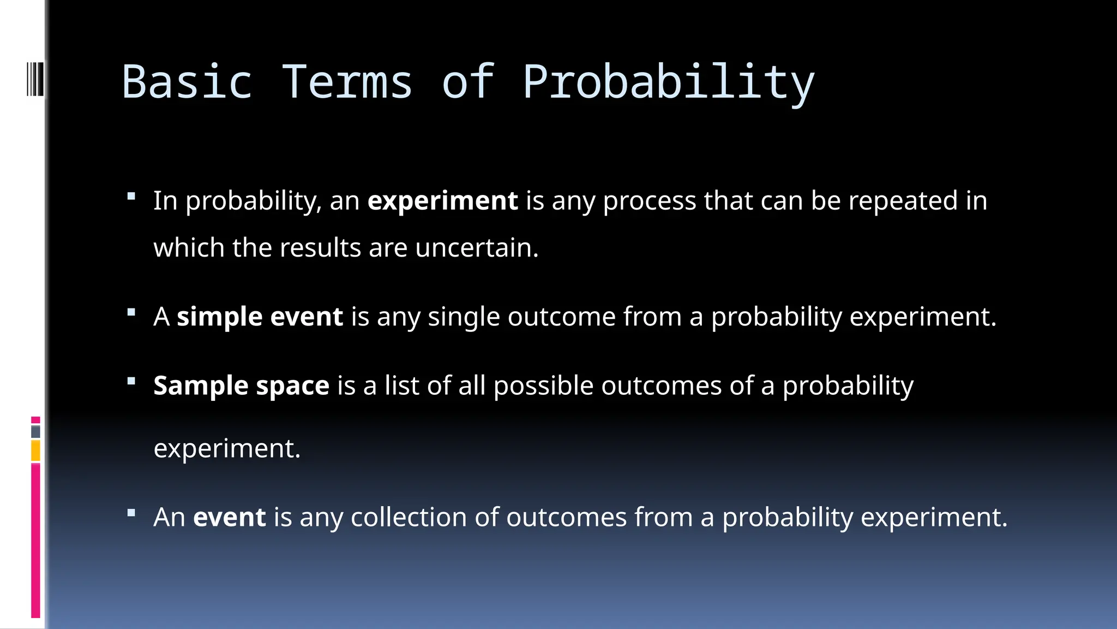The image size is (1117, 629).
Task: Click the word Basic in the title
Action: pyautogui.click(x=187, y=82)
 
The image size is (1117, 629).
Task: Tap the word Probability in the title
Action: pyautogui.click(x=668, y=82)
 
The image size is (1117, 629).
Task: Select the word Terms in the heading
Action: pyautogui.click(x=347, y=82)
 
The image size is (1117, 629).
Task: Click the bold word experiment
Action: pyautogui.click(x=442, y=201)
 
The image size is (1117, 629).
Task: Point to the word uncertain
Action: pyautogui.click(x=476, y=248)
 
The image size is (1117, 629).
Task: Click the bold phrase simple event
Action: pyautogui.click(x=260, y=317)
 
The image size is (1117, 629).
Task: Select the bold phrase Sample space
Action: pyautogui.click(x=241, y=386)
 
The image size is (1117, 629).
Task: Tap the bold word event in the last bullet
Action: pyautogui.click(x=229, y=517)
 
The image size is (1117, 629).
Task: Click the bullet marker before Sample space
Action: pyautogui.click(x=131, y=381)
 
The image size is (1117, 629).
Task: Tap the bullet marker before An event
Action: pyautogui.click(x=131, y=513)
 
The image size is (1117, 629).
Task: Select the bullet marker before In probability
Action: pyautogui.click(x=131, y=196)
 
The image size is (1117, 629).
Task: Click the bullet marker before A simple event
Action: pyautogui.click(x=131, y=312)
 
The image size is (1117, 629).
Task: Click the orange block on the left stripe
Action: pyautogui.click(x=35, y=451)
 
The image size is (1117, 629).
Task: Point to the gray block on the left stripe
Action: pyautogui.click(x=35, y=432)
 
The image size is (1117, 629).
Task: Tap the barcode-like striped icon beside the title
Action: pyautogui.click(x=35, y=79)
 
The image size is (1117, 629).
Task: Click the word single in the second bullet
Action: pyautogui.click(x=463, y=317)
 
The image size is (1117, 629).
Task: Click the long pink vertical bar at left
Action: pyautogui.click(x=35, y=541)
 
